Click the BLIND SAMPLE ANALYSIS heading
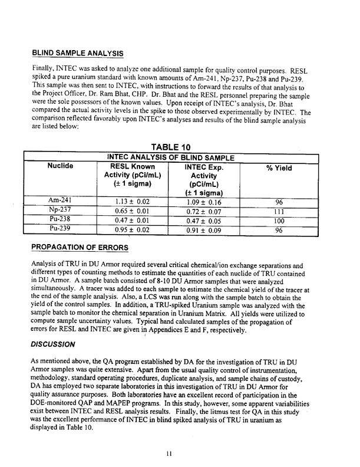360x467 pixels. (x=77, y=53)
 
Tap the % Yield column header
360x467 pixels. (x=279, y=168)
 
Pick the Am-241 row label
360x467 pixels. (x=59, y=200)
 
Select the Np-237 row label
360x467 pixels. (x=59, y=211)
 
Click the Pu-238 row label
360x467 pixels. (x=59, y=220)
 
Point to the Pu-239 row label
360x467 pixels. (x=59, y=230)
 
